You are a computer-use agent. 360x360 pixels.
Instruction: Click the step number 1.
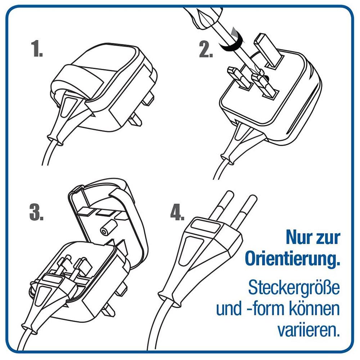point(37,49)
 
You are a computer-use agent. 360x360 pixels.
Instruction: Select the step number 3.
point(36,213)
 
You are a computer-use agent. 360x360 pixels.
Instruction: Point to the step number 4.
point(177,213)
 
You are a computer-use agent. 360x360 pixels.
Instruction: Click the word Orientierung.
point(292,260)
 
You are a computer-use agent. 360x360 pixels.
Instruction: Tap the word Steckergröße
point(294,287)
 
